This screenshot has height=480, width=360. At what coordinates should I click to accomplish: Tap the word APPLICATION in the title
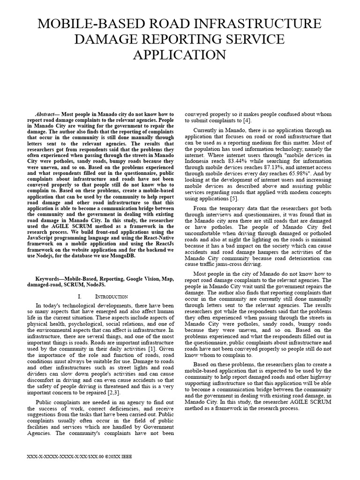pyautogui.click(x=180, y=55)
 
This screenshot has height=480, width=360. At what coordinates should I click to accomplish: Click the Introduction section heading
pyautogui.click(x=112, y=297)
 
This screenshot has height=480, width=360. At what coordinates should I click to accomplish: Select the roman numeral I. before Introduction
pyautogui.click(x=79, y=297)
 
